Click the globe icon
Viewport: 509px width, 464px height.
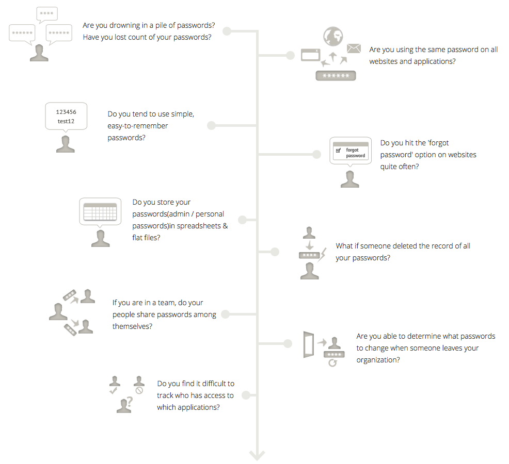point(333,36)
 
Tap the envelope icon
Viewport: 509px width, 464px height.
point(354,48)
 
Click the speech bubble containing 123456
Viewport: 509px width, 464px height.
point(66,117)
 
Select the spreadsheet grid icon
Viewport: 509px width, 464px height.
point(100,212)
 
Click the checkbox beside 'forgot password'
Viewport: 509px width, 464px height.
point(338,151)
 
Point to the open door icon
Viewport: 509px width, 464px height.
point(309,344)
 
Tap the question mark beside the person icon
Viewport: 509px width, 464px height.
point(130,402)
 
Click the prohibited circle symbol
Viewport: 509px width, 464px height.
point(139,390)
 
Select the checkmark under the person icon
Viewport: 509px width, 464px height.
point(113,390)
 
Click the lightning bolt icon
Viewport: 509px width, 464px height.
point(322,255)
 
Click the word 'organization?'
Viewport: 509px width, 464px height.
point(378,360)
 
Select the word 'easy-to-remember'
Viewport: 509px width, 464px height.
point(138,126)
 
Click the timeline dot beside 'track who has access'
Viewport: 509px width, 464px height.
point(246,395)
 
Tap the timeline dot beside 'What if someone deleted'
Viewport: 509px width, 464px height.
point(275,252)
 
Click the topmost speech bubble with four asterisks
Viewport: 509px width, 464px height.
point(47,14)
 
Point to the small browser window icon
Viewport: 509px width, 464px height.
point(310,55)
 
